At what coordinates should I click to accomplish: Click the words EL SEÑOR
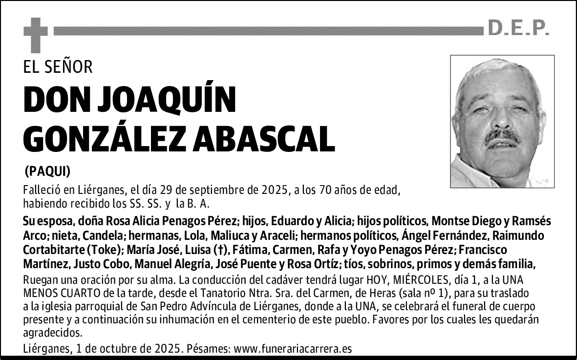tap(58, 67)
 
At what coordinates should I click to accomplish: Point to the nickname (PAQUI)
tap(47, 171)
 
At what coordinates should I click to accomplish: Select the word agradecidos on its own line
tap(52, 333)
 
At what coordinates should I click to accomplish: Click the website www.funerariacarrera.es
tap(293, 349)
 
